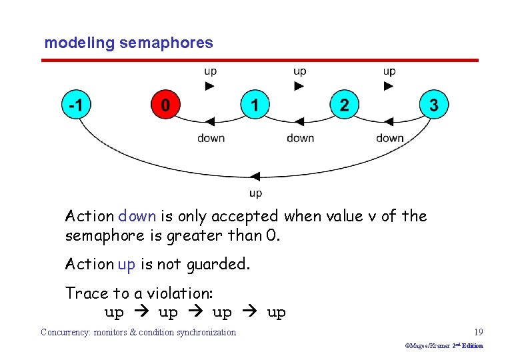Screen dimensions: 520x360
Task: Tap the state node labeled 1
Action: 255,105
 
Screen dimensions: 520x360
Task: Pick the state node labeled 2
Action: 344,105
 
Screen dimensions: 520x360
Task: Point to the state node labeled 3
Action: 434,105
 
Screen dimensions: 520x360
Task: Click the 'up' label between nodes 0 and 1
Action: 210,71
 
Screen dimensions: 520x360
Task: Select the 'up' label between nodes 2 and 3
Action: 389,71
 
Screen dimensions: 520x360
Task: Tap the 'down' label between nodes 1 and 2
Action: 300,138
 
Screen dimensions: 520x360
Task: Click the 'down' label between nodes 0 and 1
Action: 211,138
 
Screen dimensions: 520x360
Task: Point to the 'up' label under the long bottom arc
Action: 255,193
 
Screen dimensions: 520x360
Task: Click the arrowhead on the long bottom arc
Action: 255,177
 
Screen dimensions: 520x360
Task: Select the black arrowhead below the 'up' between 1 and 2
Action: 299,86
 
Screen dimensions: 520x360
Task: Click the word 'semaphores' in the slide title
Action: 166,43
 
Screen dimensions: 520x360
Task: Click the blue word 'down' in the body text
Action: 137,216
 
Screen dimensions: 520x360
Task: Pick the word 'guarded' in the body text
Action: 217,264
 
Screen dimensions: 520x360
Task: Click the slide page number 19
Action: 478,332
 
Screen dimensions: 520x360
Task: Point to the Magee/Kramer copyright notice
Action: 443,346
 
